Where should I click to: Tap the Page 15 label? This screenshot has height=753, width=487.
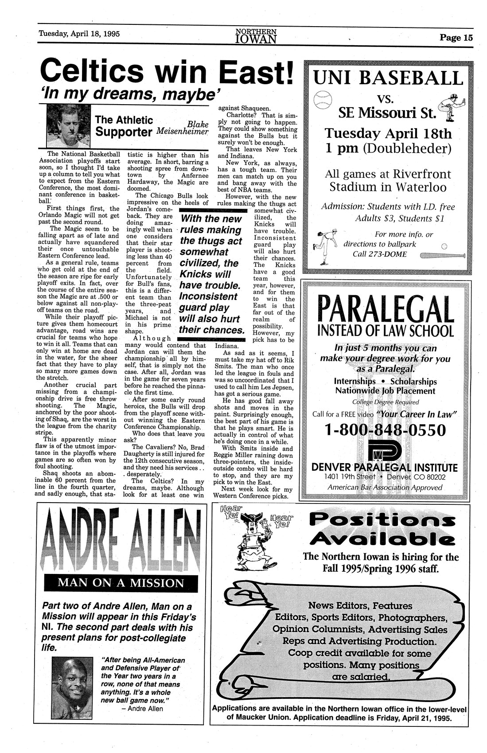click(456, 38)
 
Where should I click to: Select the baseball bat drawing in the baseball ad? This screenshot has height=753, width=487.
click(442, 255)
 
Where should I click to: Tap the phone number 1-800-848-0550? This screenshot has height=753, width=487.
click(385, 430)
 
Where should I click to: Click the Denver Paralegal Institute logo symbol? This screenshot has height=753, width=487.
click(384, 452)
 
